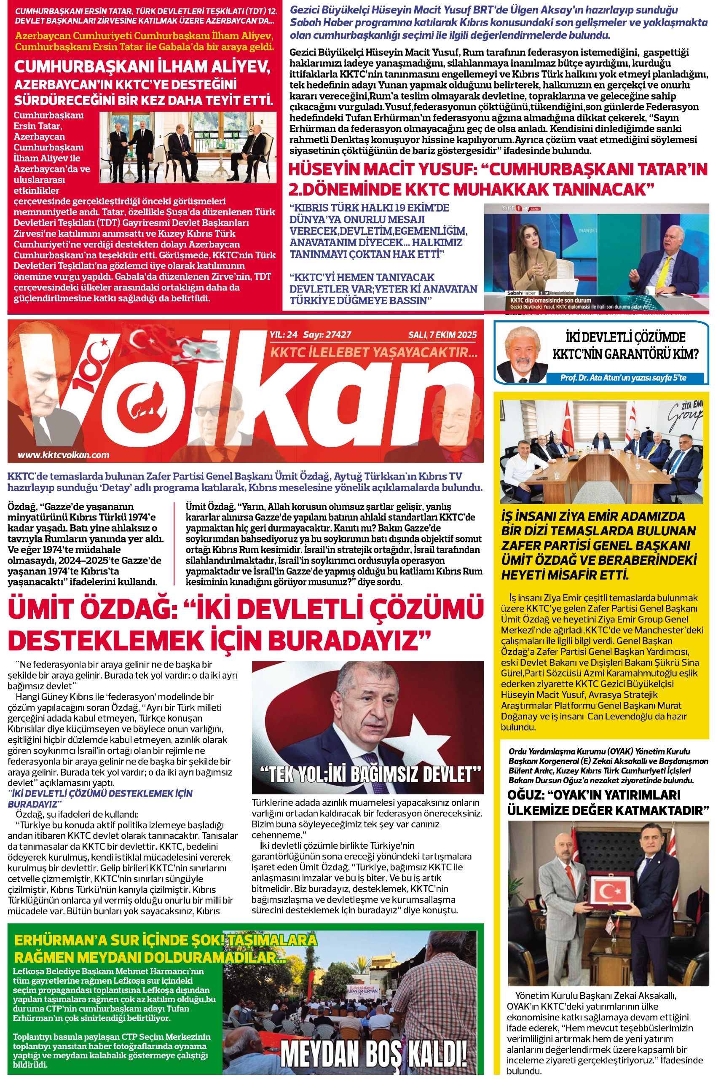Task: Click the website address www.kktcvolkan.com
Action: pos(64,455)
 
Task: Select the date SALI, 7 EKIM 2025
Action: pos(442,335)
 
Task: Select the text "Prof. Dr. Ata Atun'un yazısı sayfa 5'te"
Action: pos(623,378)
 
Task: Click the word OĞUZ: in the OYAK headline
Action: pos(524,795)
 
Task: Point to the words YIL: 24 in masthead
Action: pos(283,335)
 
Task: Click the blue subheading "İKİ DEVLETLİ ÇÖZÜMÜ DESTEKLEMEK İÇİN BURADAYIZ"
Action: pos(100,799)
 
